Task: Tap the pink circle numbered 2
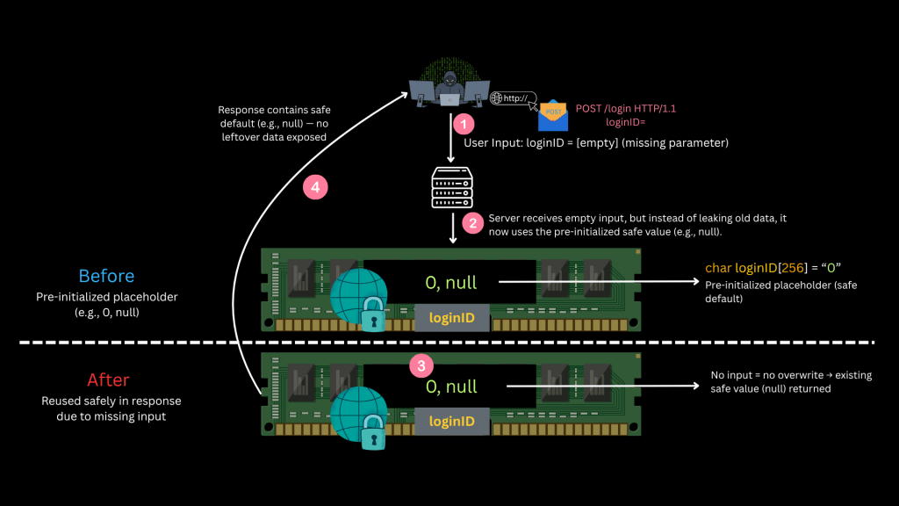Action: pyautogui.click(x=473, y=222)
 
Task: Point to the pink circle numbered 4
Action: pyautogui.click(x=314, y=186)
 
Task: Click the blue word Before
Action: pyautogui.click(x=107, y=276)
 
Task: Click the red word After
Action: pyautogui.click(x=108, y=380)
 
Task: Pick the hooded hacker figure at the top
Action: pyautogui.click(x=449, y=88)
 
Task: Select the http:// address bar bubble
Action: pyautogui.click(x=514, y=98)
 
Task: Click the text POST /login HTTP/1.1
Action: pyautogui.click(x=626, y=109)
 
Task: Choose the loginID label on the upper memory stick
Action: pyautogui.click(x=451, y=317)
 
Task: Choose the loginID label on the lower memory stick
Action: pyautogui.click(x=451, y=422)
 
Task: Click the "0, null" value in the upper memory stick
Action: pyautogui.click(x=451, y=283)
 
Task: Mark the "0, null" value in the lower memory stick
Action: pyautogui.click(x=451, y=387)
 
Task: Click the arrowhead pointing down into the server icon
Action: pyautogui.click(x=450, y=159)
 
